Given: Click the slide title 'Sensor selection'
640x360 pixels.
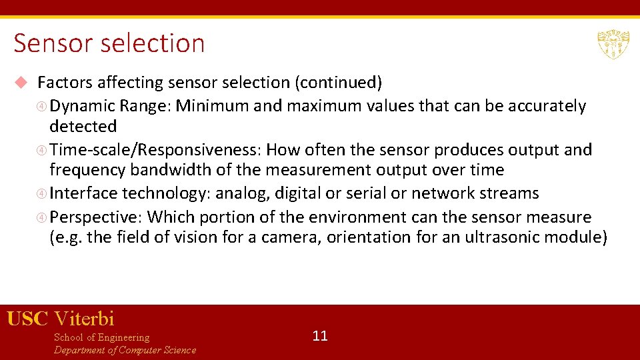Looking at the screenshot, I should click(109, 43).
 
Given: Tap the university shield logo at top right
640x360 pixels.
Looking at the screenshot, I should click(613, 44).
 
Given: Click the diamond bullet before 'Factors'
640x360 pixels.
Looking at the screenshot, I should click(21, 83).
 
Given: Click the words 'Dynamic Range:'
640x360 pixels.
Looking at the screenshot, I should click(111, 106).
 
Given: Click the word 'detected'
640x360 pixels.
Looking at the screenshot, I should click(83, 126).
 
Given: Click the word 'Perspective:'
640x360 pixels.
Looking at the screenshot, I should click(96, 217).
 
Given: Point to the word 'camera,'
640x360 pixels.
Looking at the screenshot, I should click(293, 237).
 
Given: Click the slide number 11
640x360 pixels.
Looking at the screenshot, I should click(320, 335).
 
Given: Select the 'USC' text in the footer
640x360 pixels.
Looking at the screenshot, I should click(27, 319).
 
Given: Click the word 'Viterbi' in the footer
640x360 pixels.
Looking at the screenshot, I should click(84, 319).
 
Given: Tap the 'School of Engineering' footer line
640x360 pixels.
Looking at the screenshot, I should click(101, 337).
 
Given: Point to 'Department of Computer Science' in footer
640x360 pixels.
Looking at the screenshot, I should click(125, 350).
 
